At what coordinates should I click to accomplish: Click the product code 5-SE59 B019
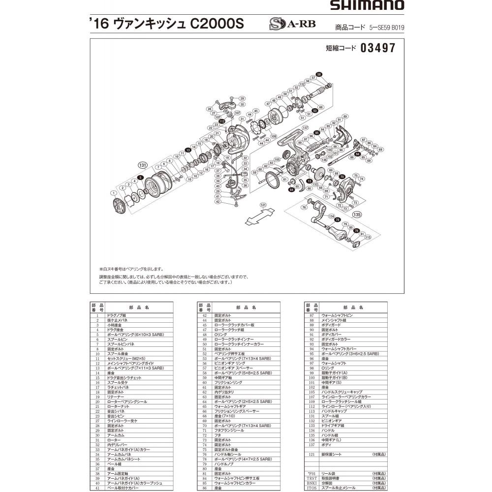pyautogui.click(x=387, y=28)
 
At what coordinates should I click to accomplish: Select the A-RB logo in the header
pyautogui.click(x=292, y=24)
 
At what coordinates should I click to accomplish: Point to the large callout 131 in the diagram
pyautogui.click(x=143, y=165)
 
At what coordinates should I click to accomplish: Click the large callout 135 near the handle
pyautogui.click(x=357, y=214)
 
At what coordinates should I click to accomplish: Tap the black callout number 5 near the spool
pyautogui.click(x=140, y=177)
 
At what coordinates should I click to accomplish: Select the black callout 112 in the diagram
pyautogui.click(x=222, y=121)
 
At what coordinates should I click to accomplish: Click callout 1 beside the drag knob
pyautogui.click(x=114, y=192)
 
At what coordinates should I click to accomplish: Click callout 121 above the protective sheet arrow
pyautogui.click(x=263, y=205)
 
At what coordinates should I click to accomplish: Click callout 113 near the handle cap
pyautogui.click(x=368, y=237)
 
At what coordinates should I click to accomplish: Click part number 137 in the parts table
pyautogui.click(x=311, y=444)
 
